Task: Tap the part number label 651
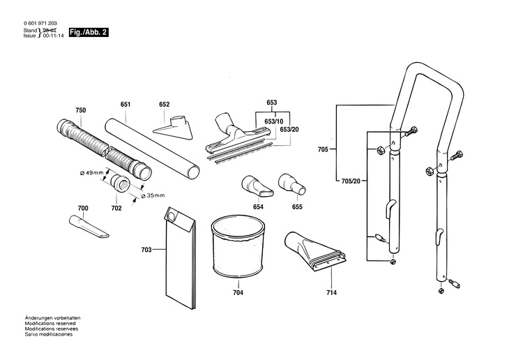point(126,105)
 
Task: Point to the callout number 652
point(165,105)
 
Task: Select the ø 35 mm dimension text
point(153,195)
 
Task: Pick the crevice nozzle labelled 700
point(89,226)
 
